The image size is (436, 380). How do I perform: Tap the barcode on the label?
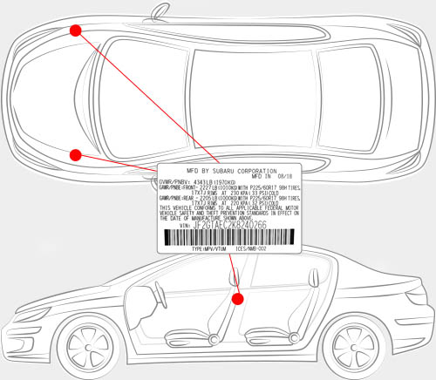coord(229,237)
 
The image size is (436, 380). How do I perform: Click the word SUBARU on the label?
coord(230,171)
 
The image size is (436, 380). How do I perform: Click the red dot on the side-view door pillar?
coord(237,298)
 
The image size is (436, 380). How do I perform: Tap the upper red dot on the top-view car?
coord(76,31)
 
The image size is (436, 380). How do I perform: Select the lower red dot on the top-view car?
coord(76,155)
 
